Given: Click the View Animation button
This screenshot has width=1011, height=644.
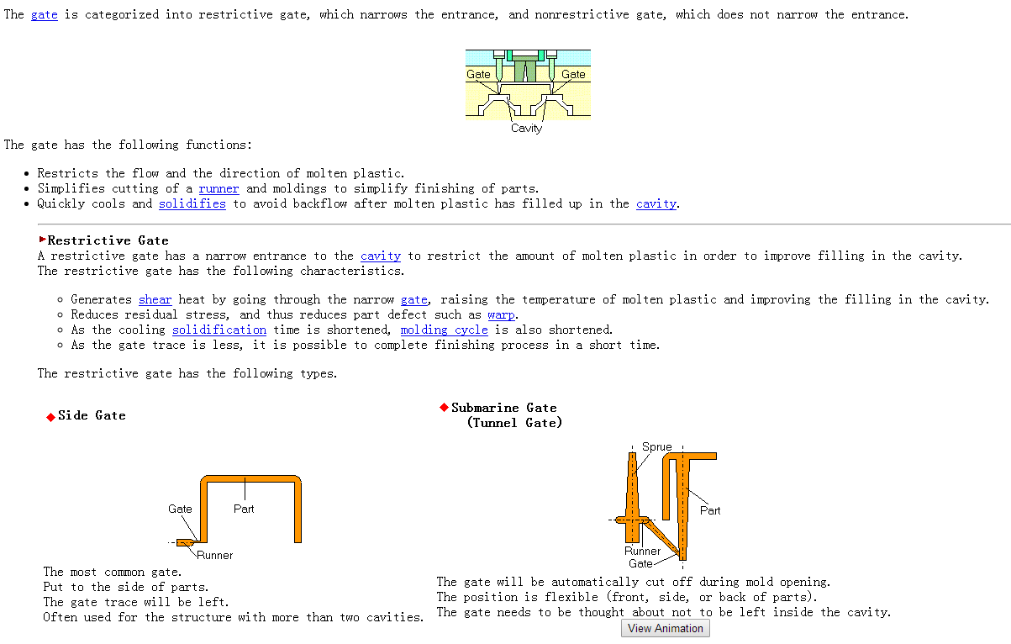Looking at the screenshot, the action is coord(666,628).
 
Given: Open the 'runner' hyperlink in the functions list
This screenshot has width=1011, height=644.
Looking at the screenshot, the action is coord(219,188).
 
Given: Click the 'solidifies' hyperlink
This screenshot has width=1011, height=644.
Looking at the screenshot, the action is coord(192,203).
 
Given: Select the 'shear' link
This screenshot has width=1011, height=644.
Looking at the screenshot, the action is coord(155,299).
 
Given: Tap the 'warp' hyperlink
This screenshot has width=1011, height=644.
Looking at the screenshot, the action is coord(501,314).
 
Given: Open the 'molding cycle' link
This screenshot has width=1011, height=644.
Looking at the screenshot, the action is coord(444,330).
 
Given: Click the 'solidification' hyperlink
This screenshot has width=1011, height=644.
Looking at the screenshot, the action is coord(219,330).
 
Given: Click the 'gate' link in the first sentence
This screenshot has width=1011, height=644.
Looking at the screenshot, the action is coord(45,15).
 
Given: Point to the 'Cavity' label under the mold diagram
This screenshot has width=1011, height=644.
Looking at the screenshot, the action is coord(526,129).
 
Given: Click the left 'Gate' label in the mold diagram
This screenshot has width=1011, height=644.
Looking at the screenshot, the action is coord(478,74).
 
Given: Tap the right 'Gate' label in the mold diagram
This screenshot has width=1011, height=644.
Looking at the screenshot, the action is coord(573,74).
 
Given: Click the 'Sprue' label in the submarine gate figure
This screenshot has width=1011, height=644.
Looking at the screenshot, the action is coord(656,446).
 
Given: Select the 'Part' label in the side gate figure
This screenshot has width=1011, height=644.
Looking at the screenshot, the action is coord(244,509).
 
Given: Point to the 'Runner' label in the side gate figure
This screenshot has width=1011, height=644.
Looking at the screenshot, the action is coord(215,555).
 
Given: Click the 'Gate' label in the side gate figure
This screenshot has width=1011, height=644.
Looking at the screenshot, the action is coord(180,509).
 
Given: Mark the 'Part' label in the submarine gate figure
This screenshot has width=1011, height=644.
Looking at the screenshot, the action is coord(710,510).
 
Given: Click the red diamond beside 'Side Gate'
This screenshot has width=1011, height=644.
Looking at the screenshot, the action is coord(50,417).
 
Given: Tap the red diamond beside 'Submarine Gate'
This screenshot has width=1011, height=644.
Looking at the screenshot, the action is coord(444,408).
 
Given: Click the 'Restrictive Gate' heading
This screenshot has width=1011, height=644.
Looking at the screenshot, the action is coord(108,240).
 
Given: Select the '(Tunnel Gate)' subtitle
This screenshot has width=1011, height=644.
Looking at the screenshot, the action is coord(514,423).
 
